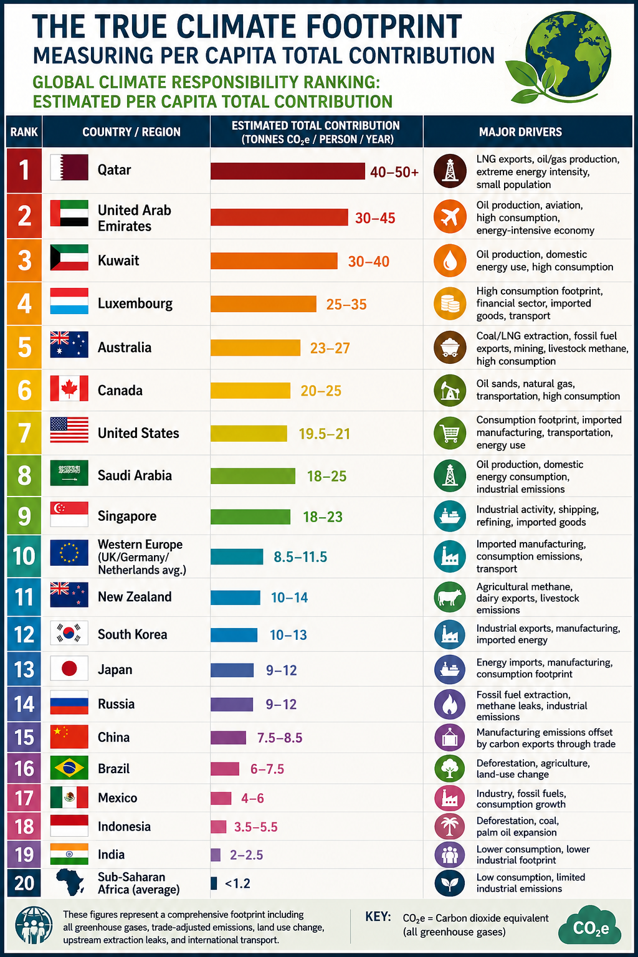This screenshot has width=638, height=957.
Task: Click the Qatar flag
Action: tap(69, 168)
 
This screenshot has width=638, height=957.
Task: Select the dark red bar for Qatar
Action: tap(288, 171)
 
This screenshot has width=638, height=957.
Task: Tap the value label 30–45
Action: tap(375, 218)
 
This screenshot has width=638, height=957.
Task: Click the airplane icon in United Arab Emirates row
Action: tap(450, 217)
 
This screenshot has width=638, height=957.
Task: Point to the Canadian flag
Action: tap(69, 388)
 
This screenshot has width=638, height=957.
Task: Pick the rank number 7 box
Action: tap(24, 433)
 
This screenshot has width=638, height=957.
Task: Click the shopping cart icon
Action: tap(450, 433)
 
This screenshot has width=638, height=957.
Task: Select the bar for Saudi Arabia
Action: tap(253, 476)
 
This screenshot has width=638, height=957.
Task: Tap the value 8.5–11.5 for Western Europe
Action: tap(300, 557)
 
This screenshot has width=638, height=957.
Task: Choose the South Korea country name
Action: tap(133, 634)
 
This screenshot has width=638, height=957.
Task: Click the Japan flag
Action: tap(69, 668)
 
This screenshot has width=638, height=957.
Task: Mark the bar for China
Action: tap(228, 738)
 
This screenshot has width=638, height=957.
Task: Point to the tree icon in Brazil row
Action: tap(450, 769)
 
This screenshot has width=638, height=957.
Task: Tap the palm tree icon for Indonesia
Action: tap(450, 827)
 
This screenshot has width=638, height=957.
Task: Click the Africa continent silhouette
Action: tap(70, 882)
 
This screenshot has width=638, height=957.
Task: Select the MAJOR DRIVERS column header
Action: tap(520, 132)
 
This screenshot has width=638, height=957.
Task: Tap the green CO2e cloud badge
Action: tap(590, 927)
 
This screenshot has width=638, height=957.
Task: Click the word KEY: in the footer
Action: tap(378, 917)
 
